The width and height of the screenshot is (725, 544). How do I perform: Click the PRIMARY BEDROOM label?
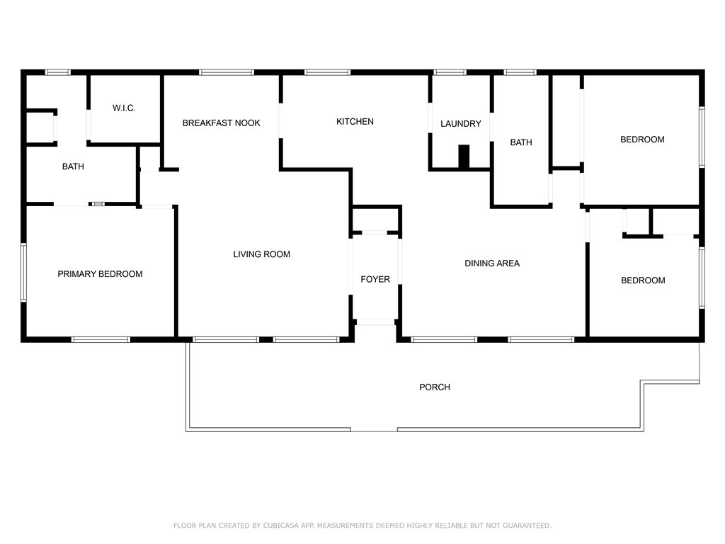100,274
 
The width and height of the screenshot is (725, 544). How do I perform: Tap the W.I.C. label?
124,108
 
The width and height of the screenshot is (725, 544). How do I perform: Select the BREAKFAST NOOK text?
221,123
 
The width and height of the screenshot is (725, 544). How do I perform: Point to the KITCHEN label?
355,122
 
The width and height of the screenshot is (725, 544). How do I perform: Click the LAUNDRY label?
460,124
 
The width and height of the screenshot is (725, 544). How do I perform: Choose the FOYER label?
375,280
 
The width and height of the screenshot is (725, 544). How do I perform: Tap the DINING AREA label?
491,263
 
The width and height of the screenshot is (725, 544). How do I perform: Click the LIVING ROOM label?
261,254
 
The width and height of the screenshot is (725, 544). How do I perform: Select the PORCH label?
435,387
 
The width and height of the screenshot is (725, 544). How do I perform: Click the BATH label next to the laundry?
521,143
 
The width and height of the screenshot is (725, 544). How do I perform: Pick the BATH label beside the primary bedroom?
73,167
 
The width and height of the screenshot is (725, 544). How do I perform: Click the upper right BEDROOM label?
642,140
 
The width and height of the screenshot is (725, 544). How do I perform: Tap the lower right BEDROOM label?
643,280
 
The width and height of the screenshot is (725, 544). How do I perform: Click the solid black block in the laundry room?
464,157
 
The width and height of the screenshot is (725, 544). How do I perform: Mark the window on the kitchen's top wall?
327,72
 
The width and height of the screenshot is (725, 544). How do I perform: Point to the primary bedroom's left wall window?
23,273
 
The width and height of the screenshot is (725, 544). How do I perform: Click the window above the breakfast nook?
226,72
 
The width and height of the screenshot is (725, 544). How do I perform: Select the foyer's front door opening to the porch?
375,322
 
